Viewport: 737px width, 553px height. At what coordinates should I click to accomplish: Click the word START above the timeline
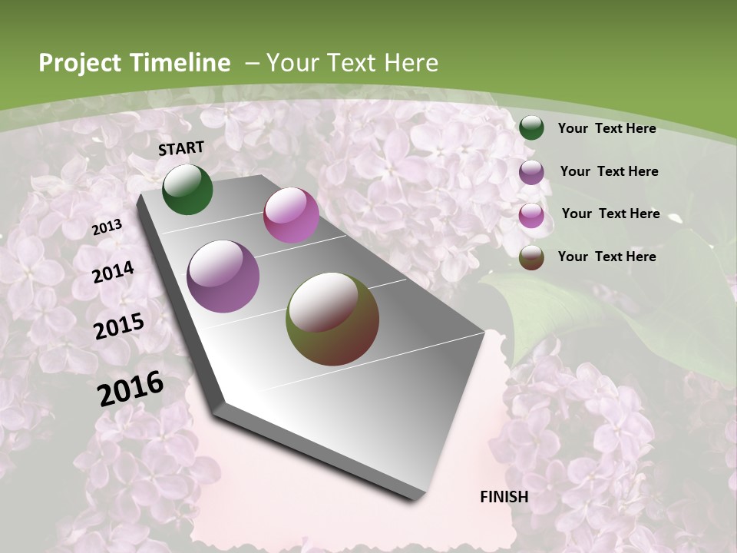(x=181, y=147)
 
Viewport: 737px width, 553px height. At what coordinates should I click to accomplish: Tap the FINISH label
(x=504, y=496)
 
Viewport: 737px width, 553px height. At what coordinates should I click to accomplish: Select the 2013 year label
(x=107, y=227)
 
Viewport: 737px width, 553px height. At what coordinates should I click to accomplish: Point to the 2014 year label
(x=113, y=272)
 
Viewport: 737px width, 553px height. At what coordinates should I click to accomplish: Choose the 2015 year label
(x=118, y=326)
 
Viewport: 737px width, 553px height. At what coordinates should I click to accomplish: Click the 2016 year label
(x=131, y=389)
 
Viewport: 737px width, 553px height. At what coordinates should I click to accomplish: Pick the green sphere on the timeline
(x=187, y=189)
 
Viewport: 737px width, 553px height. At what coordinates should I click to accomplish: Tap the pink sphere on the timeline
(x=291, y=215)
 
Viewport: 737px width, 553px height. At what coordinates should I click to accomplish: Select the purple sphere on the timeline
(x=223, y=276)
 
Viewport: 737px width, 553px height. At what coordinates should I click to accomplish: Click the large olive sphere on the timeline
(x=332, y=318)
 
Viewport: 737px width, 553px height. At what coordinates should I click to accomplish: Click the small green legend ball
(x=531, y=127)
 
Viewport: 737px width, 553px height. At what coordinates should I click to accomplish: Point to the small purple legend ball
(x=531, y=172)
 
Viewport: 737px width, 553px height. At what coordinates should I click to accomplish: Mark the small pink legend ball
(x=531, y=215)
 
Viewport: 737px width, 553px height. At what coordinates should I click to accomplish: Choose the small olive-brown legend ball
(x=531, y=257)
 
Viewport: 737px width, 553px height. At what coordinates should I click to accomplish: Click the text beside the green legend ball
(x=606, y=128)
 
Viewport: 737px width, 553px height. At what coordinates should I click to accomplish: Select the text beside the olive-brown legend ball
(x=606, y=257)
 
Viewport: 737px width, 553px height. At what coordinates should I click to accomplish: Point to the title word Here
(x=411, y=63)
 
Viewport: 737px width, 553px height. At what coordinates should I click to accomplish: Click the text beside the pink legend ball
(x=610, y=214)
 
